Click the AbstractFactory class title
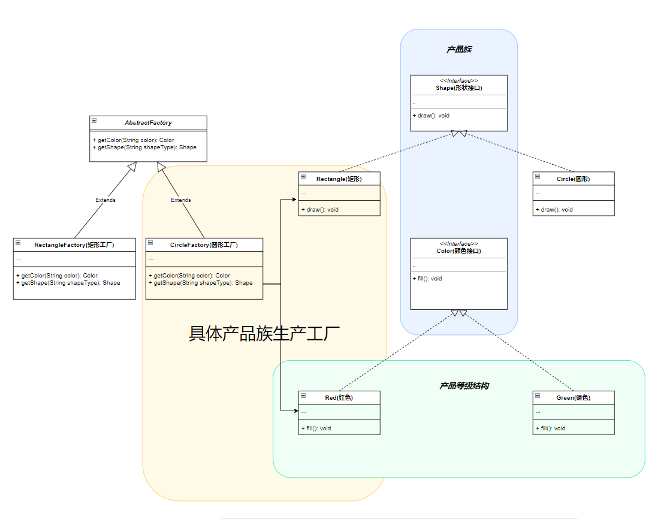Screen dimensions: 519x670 coord(148,122)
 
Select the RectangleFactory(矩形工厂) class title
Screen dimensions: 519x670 coord(74,245)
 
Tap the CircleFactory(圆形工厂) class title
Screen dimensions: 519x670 coord(204,245)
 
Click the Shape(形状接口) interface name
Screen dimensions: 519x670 coord(459,88)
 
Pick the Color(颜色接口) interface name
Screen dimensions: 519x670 coord(459,251)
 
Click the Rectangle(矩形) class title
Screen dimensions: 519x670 coord(339,179)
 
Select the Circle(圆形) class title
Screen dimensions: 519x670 coord(574,179)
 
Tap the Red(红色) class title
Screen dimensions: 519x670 coord(339,397)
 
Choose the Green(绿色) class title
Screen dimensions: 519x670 coord(574,397)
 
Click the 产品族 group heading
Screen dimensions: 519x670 coord(459,49)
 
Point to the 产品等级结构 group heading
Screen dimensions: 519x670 coord(464,385)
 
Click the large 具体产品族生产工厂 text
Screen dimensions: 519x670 coord(264,334)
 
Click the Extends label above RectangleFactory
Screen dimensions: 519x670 coord(105,200)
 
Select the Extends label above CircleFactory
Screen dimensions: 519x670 coord(180,200)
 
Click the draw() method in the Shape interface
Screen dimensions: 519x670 coord(431,115)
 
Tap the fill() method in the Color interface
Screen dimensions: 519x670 coord(427,278)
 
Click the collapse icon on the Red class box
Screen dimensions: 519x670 coord(303,396)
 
